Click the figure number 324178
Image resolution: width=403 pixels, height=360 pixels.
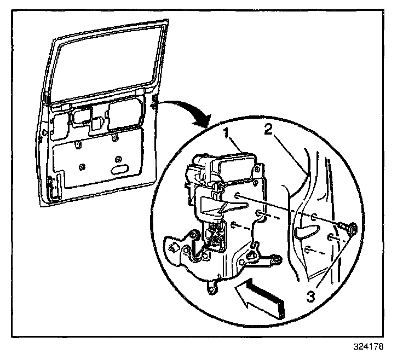click(x=368, y=347)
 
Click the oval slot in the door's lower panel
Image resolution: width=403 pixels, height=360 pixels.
click(x=118, y=171)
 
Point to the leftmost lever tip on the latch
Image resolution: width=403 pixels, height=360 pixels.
click(x=172, y=245)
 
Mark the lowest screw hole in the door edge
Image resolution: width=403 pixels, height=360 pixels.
click(x=309, y=250)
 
